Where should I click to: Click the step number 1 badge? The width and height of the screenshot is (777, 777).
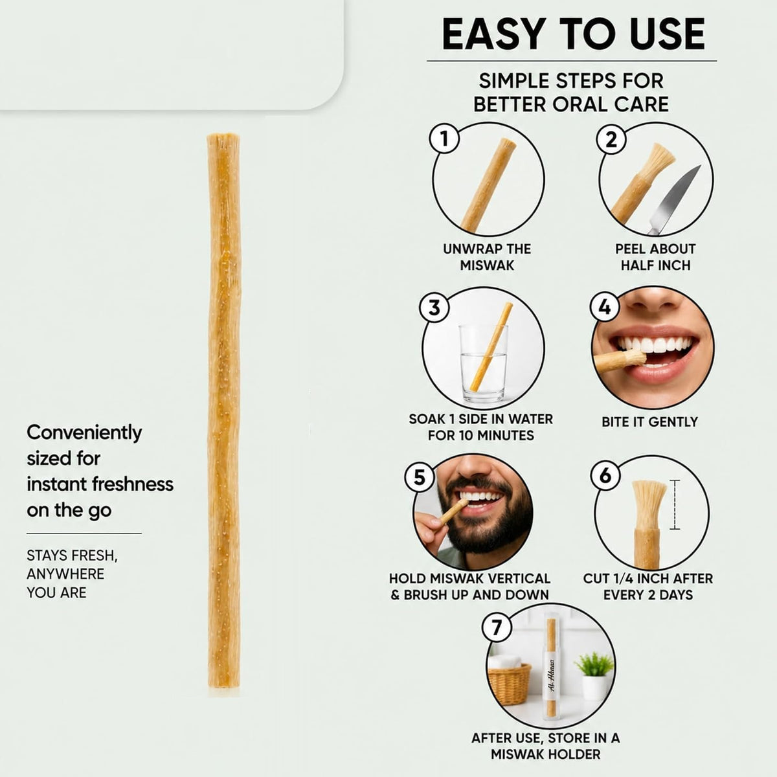tap(444, 139)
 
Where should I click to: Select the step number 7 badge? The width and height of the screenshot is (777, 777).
tap(497, 627)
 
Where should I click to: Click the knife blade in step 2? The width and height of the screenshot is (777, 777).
tap(674, 199)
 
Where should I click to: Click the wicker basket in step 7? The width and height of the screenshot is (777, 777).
tap(510, 684)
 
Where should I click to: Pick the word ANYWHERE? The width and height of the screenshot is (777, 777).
tap(65, 574)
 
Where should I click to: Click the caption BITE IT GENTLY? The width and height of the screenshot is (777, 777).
tap(649, 422)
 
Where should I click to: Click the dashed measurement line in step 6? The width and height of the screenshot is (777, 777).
tap(675, 504)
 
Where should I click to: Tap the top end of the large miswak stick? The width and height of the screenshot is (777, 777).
tap(223, 136)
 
